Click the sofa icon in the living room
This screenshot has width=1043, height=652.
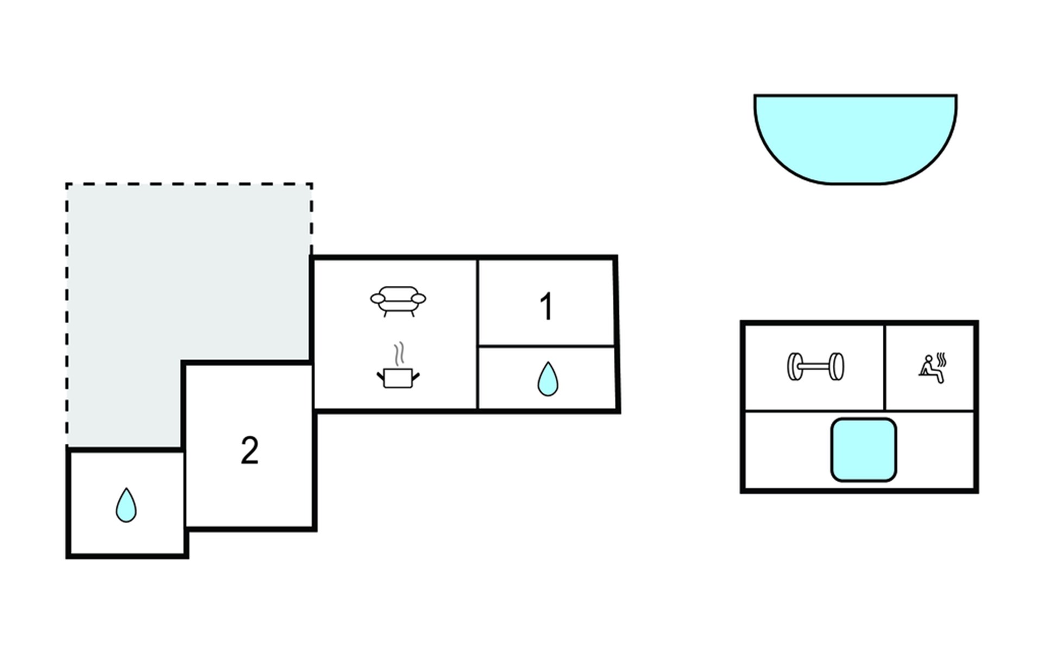pyautogui.click(x=398, y=300)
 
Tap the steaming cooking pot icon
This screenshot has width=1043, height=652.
pyautogui.click(x=398, y=376)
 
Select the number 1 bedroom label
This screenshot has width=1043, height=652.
pyautogui.click(x=546, y=307)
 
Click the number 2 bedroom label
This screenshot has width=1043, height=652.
pyautogui.click(x=249, y=450)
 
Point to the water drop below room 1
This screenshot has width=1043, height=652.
pyautogui.click(x=548, y=379)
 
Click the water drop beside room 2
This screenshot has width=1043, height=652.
pyautogui.click(x=126, y=505)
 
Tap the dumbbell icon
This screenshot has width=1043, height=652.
pyautogui.click(x=815, y=367)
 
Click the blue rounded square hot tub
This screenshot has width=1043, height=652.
pyautogui.click(x=863, y=450)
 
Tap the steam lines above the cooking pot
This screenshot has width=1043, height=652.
pyautogui.click(x=399, y=353)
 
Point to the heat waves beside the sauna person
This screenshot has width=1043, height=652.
pyautogui.click(x=943, y=360)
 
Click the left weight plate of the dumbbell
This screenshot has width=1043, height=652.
pyautogui.click(x=794, y=367)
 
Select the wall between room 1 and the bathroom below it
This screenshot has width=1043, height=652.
pyautogui.click(x=546, y=346)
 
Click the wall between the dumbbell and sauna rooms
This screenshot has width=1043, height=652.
pyautogui.click(x=884, y=367)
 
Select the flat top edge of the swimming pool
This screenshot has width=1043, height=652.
pyautogui.click(x=855, y=96)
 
